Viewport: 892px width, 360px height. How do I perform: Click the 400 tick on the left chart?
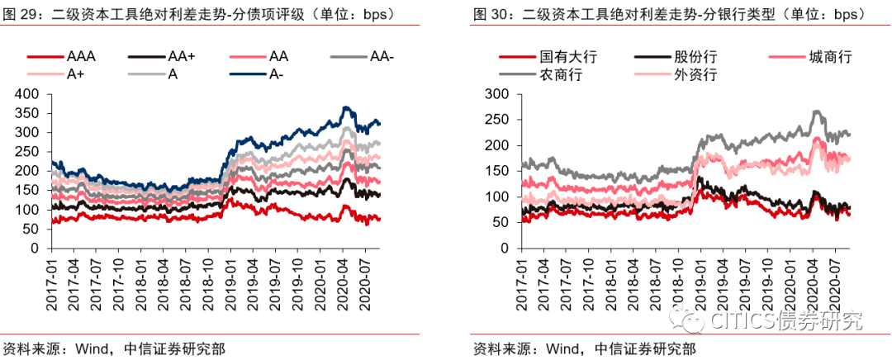(27, 94)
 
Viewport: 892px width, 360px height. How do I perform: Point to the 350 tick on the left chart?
(27, 114)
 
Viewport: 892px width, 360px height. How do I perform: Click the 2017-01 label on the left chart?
(50, 285)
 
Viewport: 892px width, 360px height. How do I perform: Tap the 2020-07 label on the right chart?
(833, 285)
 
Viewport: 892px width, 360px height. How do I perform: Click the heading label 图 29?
(20, 15)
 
